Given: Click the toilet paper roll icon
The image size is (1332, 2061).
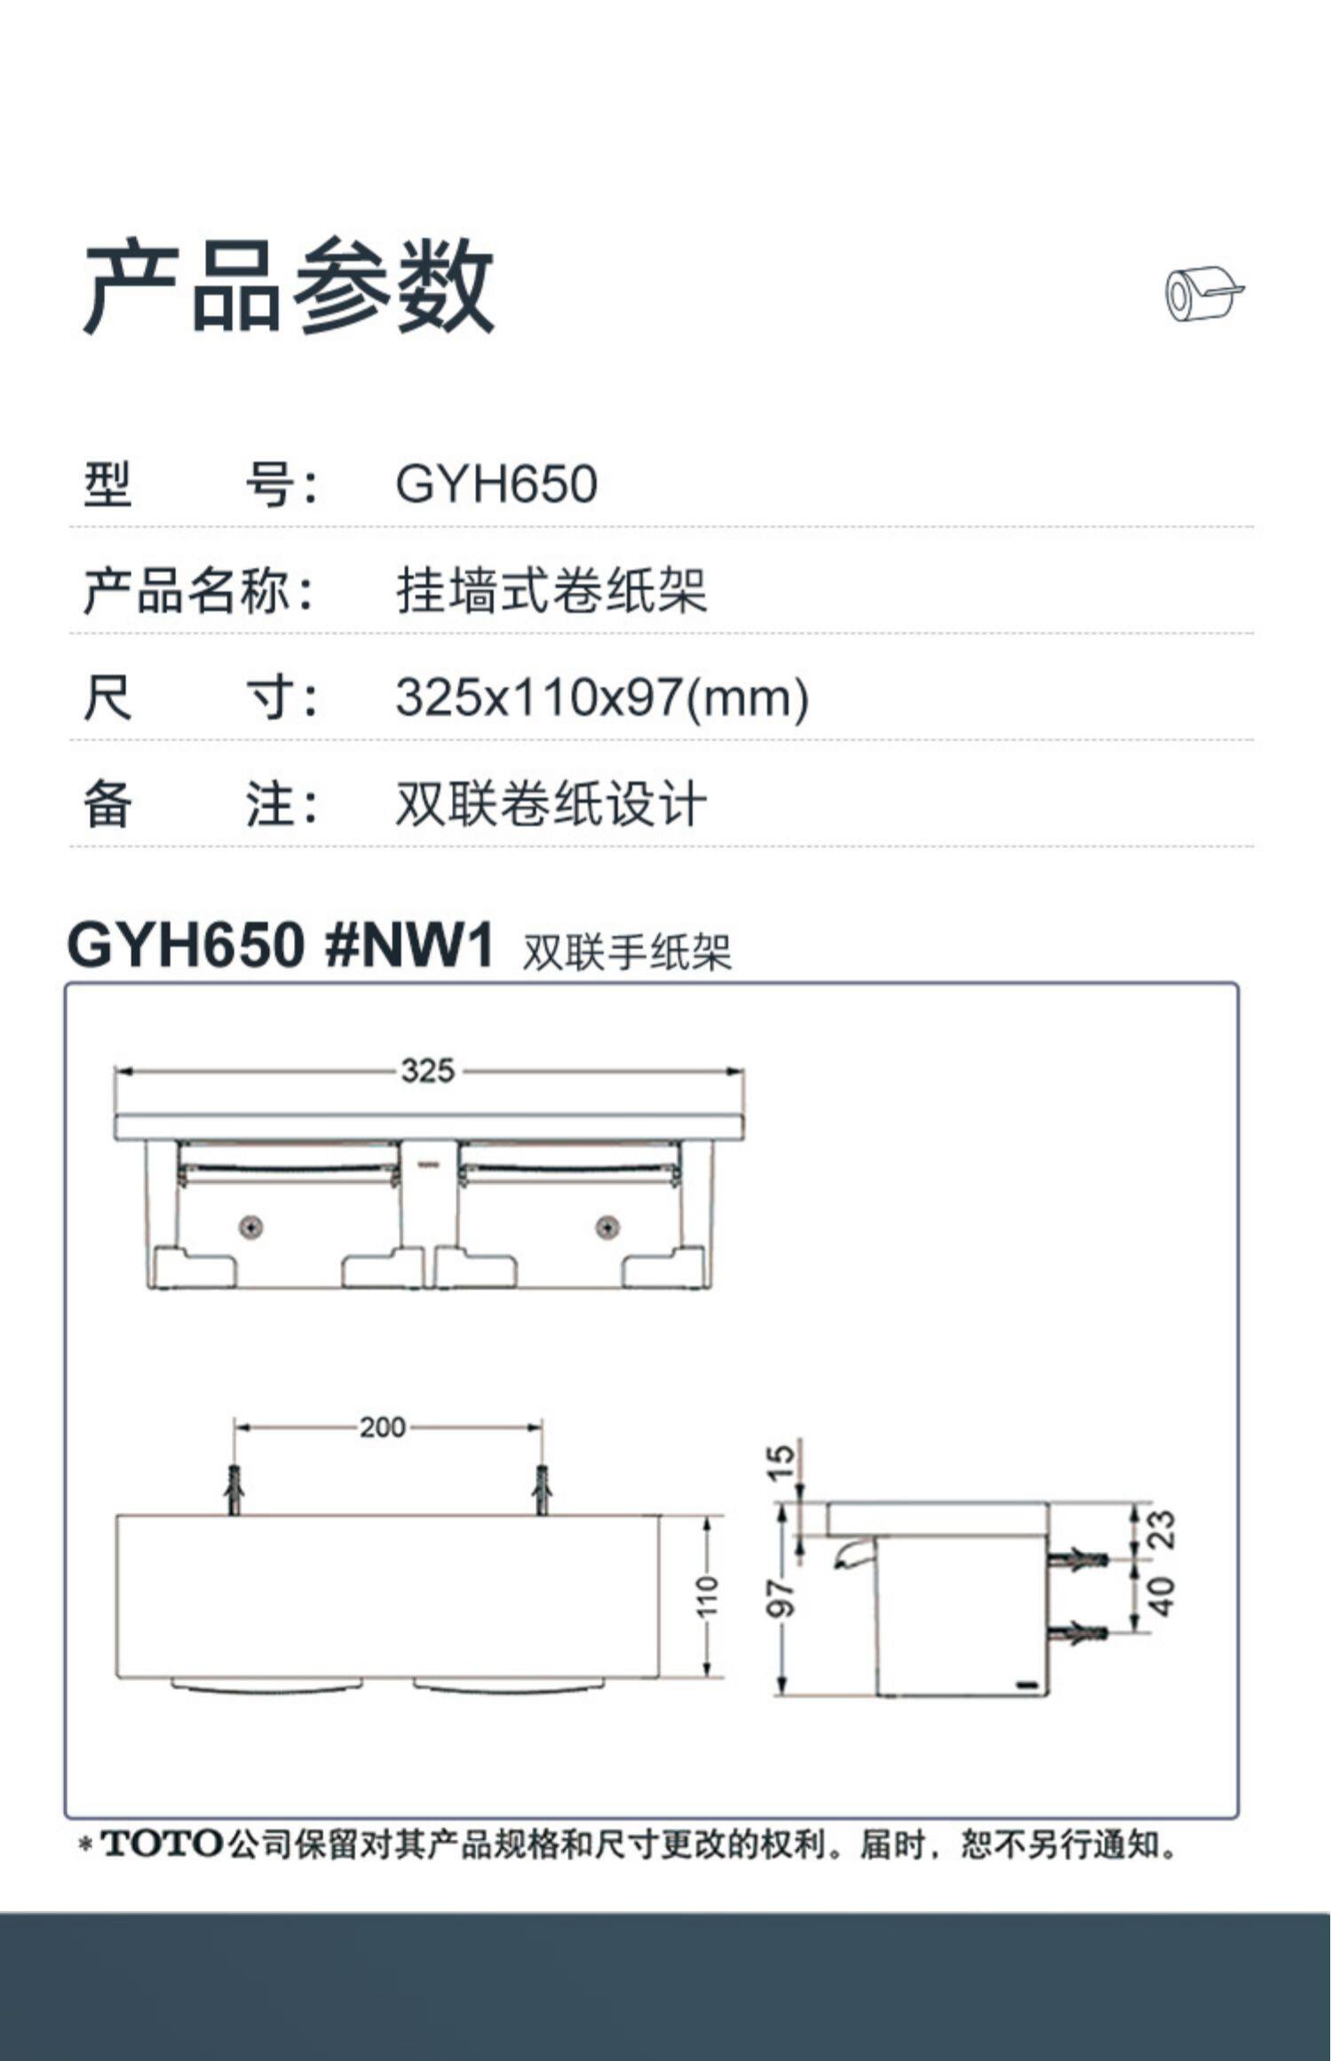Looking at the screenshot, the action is pyautogui.click(x=1203, y=294).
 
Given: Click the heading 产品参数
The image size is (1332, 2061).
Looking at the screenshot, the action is pyautogui.click(x=289, y=287).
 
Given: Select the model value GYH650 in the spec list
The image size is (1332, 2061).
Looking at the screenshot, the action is pyautogui.click(x=496, y=486).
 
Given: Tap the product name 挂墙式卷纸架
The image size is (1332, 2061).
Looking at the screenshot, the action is pyautogui.click(x=551, y=591).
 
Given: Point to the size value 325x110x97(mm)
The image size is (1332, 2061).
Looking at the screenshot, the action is pyautogui.click(x=602, y=698).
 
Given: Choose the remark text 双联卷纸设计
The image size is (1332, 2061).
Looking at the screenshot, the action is pyautogui.click(x=551, y=804).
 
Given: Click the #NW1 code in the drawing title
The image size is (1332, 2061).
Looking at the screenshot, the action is pyautogui.click(x=409, y=947).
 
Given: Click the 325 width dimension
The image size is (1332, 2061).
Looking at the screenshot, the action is pyautogui.click(x=428, y=1071).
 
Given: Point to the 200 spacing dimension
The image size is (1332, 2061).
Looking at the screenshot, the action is pyautogui.click(x=383, y=1428).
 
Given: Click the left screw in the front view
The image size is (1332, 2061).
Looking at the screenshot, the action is pyautogui.click(x=252, y=1228).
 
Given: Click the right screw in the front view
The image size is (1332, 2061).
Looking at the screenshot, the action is pyautogui.click(x=608, y=1228).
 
